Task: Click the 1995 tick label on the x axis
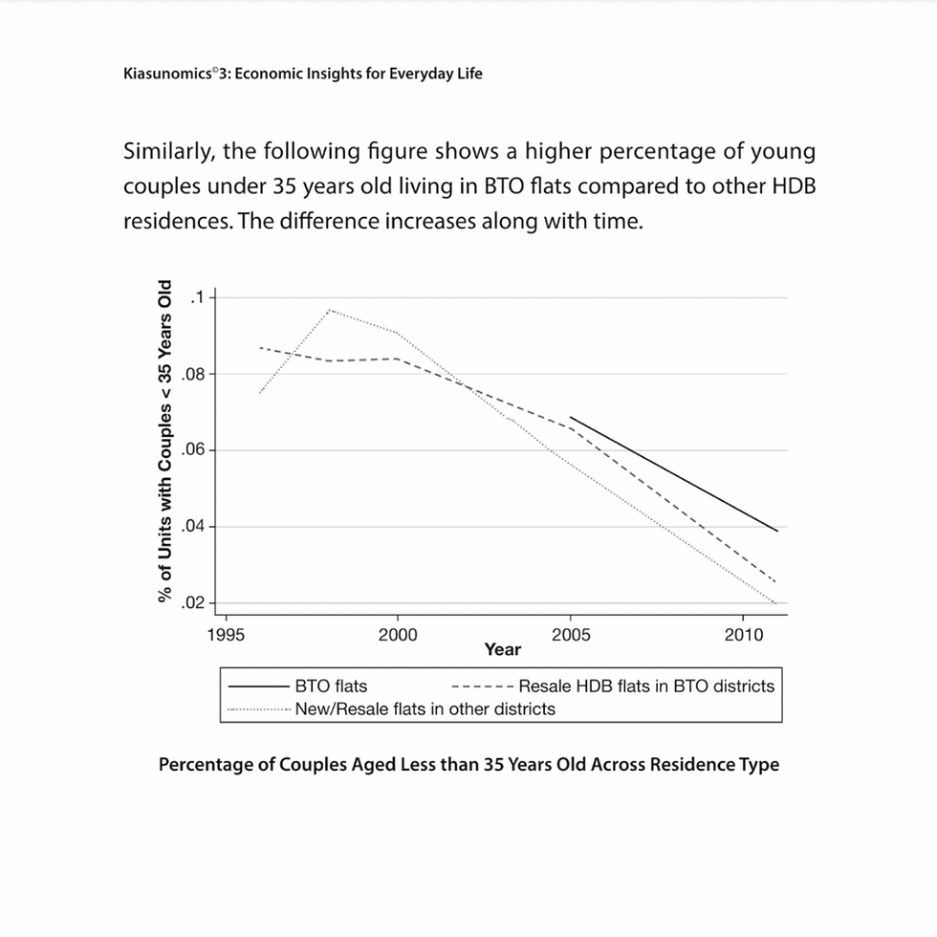coord(225,635)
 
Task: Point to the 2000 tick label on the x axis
coord(398,635)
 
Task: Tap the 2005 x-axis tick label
coord(571,635)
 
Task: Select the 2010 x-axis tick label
coord(744,635)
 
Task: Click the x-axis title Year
coord(502,650)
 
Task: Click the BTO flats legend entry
coord(331,686)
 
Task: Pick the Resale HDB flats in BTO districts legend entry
coord(646,686)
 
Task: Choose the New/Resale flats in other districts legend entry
coord(425,709)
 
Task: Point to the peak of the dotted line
coord(329,310)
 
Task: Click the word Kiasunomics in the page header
coord(165,74)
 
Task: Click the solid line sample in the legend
coord(258,686)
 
